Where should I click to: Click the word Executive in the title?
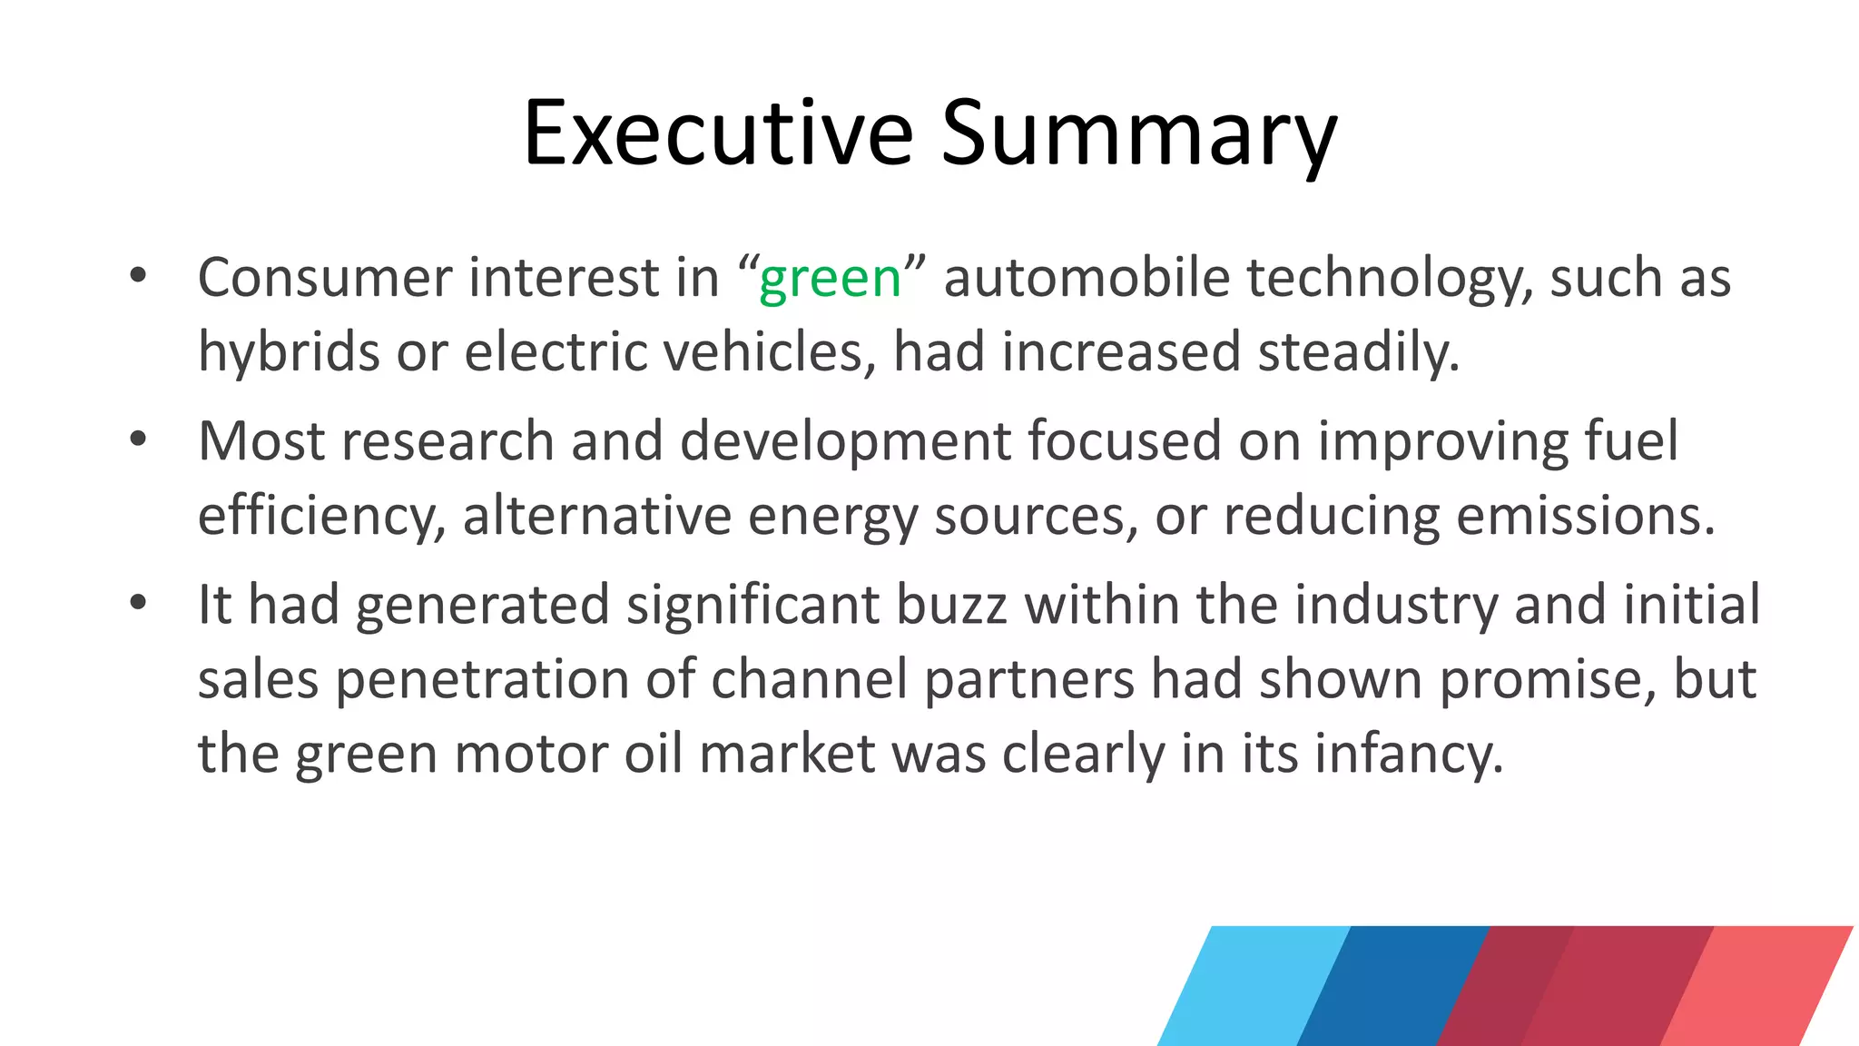(x=717, y=133)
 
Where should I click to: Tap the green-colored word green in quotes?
(x=830, y=278)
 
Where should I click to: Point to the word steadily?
(x=1358, y=352)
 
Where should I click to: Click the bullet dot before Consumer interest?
(x=138, y=275)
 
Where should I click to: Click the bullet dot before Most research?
(x=138, y=439)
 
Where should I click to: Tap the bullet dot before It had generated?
(x=138, y=603)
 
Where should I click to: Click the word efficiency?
(x=321, y=517)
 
